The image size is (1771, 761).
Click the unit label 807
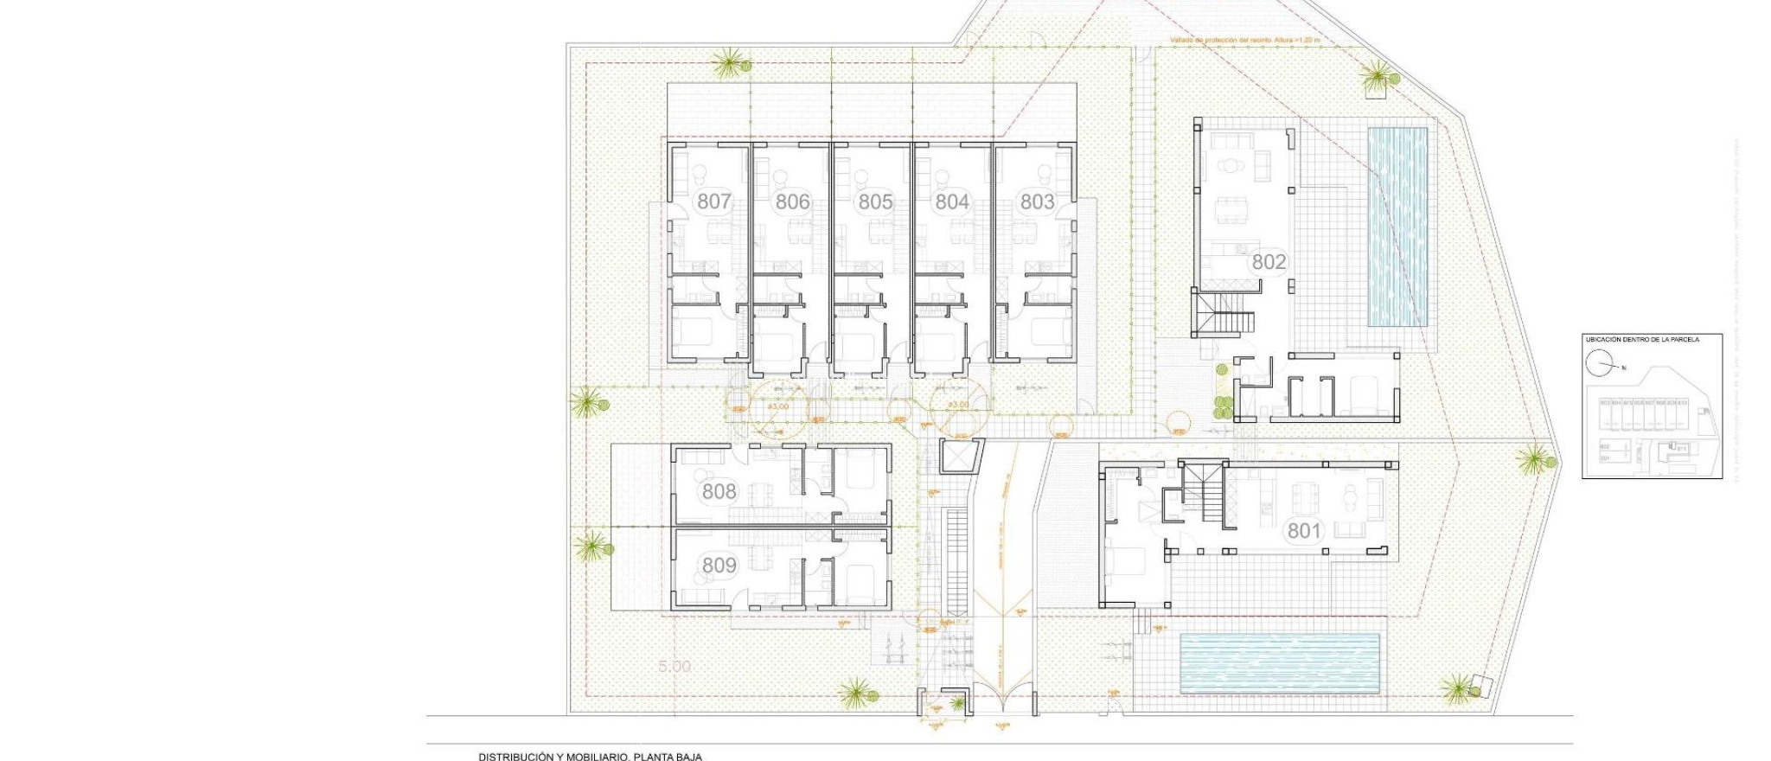click(713, 202)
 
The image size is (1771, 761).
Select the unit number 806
click(792, 202)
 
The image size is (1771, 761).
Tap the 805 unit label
click(874, 202)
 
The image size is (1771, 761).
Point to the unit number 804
click(952, 202)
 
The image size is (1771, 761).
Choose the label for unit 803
click(1037, 202)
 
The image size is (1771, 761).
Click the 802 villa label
click(1269, 261)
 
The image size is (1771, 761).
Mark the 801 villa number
click(1304, 530)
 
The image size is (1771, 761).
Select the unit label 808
click(719, 492)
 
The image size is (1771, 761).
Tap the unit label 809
click(719, 566)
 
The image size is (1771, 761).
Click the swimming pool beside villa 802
click(1396, 227)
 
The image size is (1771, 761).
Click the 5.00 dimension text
click(675, 667)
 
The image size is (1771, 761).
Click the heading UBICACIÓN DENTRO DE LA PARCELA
click(1641, 340)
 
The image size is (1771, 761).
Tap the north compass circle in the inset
click(1598, 364)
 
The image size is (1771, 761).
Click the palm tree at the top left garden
click(729, 63)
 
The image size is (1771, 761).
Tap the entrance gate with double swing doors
click(1004, 692)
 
